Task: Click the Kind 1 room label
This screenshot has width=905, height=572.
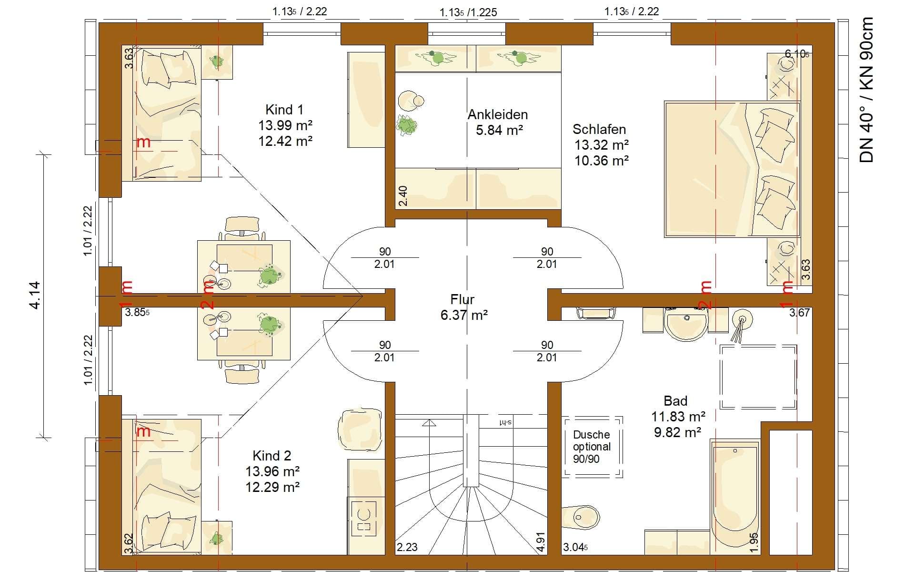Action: [x=284, y=110]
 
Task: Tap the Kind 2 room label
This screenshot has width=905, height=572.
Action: [x=271, y=456]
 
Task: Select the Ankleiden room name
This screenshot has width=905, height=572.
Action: [x=498, y=114]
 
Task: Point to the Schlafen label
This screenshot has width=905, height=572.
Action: [x=599, y=129]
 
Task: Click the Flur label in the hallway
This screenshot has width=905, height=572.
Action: [x=463, y=299]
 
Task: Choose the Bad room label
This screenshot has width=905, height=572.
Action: [x=675, y=401]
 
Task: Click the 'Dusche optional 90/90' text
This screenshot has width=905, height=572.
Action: [x=592, y=447]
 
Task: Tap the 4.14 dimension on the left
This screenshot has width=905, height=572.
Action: [x=35, y=296]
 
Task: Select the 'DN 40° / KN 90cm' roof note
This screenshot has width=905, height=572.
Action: [x=867, y=90]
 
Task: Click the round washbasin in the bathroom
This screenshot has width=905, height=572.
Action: [x=686, y=324]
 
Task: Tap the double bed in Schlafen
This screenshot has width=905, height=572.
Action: [x=732, y=169]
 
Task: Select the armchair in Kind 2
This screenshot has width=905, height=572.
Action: [x=360, y=429]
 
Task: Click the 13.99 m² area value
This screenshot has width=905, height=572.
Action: [x=285, y=125]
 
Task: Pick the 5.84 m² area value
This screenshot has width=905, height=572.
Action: [x=500, y=130]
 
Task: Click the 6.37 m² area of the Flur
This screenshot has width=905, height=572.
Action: [x=464, y=315]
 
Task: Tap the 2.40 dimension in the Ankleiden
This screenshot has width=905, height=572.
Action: [x=403, y=196]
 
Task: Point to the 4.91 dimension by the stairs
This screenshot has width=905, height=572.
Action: [x=541, y=542]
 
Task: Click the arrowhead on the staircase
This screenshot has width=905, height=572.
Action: [x=429, y=422]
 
